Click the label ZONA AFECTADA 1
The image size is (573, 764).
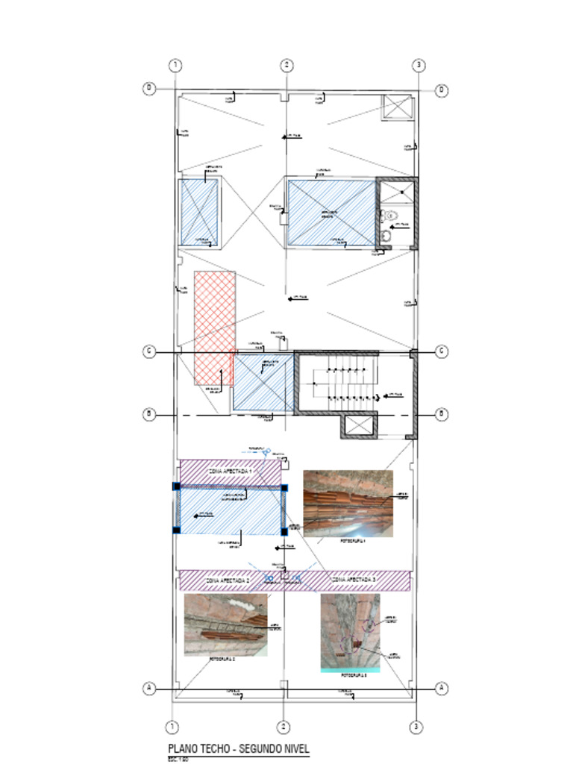(x=230, y=472)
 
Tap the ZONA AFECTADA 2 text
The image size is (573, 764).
(x=228, y=579)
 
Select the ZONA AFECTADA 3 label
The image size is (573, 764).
(x=354, y=579)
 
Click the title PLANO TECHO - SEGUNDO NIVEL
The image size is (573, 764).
(x=238, y=749)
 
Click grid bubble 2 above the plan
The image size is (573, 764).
(x=287, y=66)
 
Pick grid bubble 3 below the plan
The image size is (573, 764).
(x=419, y=727)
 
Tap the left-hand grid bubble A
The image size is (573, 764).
(x=149, y=688)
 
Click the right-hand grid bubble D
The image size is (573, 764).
(x=442, y=90)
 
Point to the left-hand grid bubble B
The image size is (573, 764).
(x=149, y=414)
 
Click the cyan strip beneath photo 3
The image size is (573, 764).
(x=350, y=670)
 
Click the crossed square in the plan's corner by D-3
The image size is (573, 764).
(x=398, y=107)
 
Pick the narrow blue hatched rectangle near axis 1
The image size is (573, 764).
(x=198, y=212)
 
